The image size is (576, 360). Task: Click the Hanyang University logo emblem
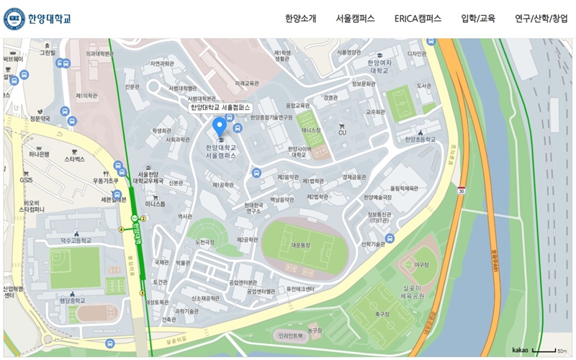tap(14, 19)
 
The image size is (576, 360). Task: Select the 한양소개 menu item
tap(300, 19)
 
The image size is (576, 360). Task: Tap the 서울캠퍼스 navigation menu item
tap(355, 19)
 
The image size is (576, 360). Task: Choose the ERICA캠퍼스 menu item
tap(418, 19)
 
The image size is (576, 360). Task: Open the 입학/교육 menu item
tap(478, 19)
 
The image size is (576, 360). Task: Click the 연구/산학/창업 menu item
tap(541, 19)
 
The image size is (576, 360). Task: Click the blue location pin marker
tap(220, 127)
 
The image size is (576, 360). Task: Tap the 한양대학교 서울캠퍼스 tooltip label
tap(220, 107)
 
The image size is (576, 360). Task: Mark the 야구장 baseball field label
tap(422, 265)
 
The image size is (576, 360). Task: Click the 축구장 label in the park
tap(382, 315)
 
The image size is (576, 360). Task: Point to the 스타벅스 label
tap(75, 158)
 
